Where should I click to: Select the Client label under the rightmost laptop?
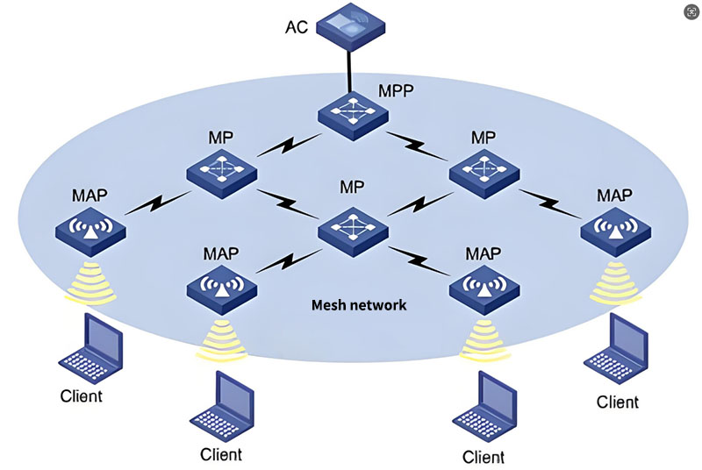(618, 402)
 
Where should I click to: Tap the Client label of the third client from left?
(482, 458)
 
